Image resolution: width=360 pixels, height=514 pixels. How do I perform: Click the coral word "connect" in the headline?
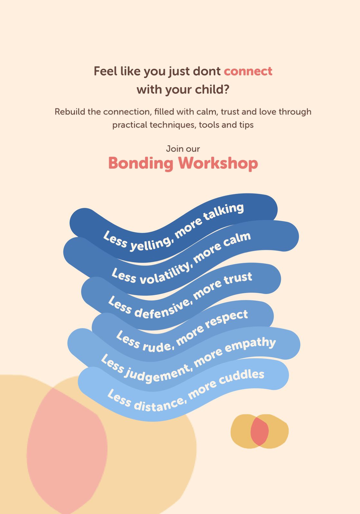click(248, 71)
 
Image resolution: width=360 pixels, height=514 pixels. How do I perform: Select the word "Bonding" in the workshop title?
click(141, 164)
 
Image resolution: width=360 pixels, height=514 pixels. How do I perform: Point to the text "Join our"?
click(183, 149)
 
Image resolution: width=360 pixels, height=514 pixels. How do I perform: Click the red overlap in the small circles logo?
click(259, 431)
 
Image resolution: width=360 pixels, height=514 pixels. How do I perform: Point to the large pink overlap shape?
click(67, 450)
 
